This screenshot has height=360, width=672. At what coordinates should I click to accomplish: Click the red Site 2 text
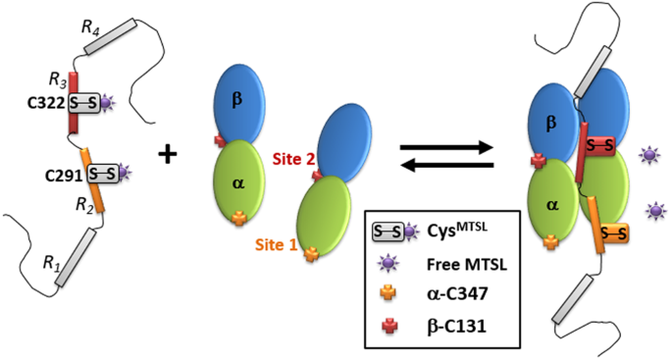(x=291, y=157)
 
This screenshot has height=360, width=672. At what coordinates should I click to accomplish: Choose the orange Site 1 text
(x=280, y=242)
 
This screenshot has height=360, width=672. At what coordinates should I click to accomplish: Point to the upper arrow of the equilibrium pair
(x=443, y=143)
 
